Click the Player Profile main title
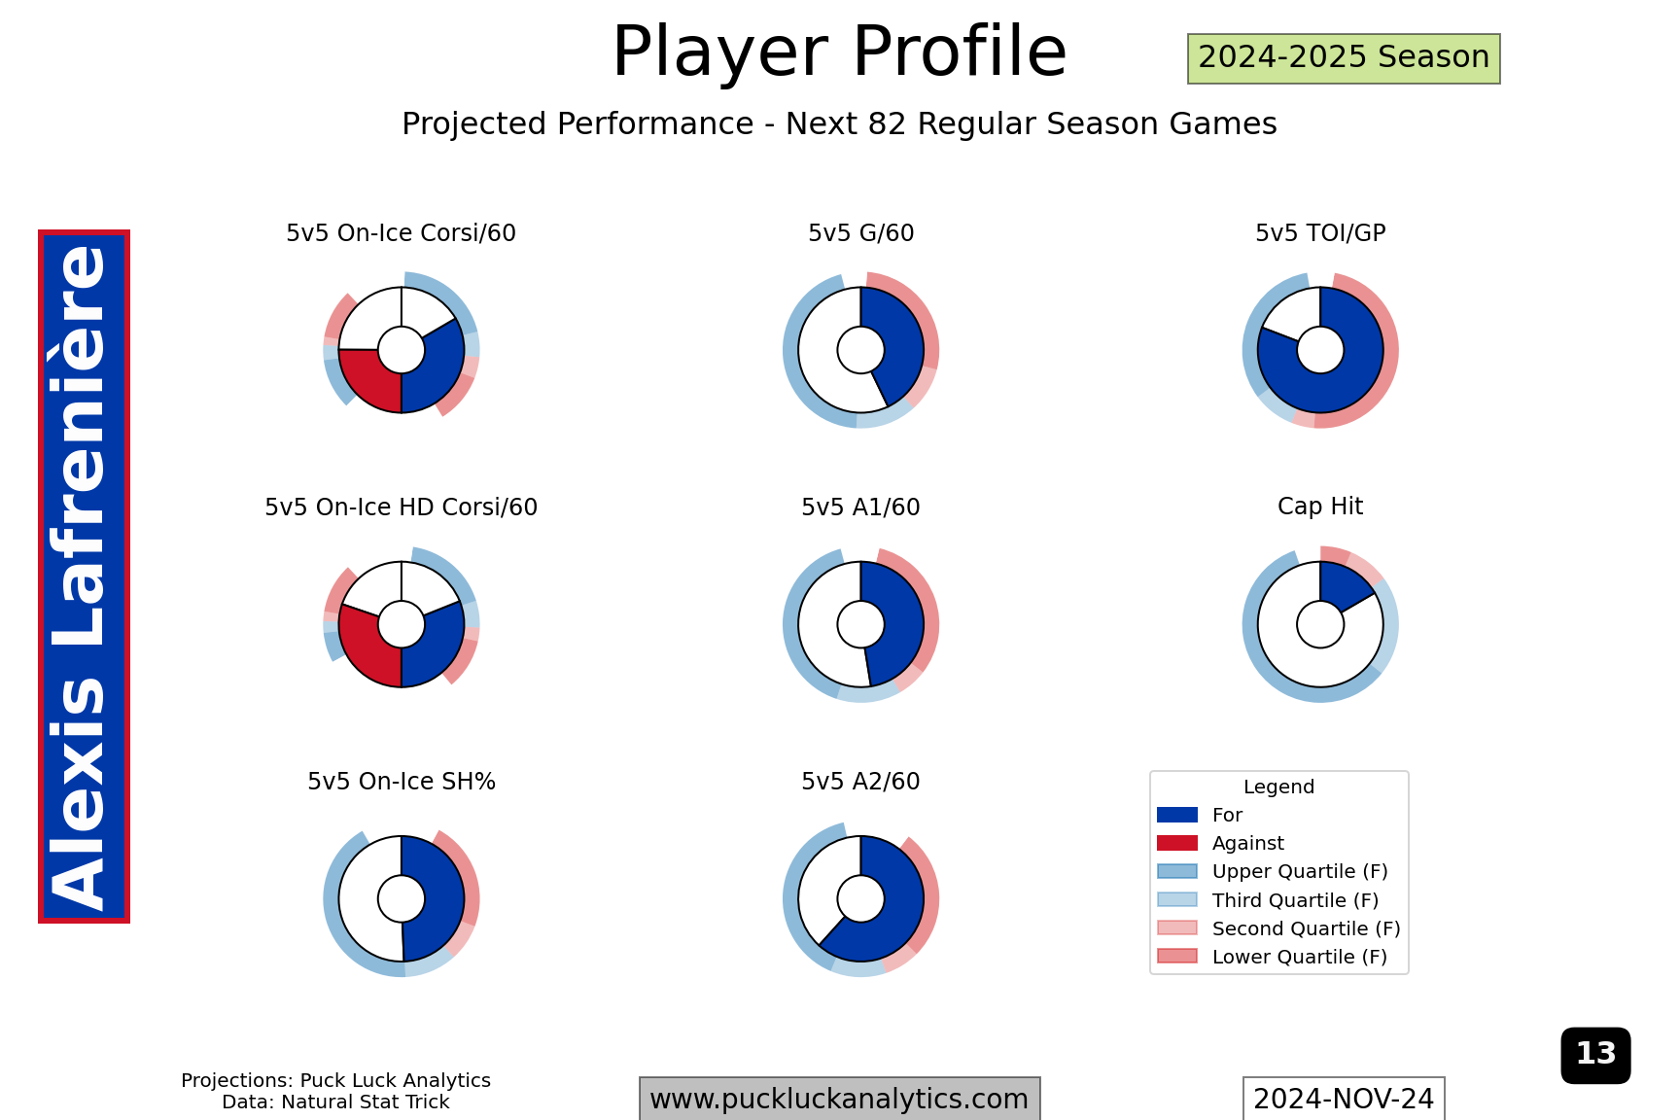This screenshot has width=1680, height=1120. point(839,52)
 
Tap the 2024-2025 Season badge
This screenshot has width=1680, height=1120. point(1344,58)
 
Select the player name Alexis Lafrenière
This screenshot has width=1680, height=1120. point(84,577)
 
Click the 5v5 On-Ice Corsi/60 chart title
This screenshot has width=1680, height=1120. point(401,233)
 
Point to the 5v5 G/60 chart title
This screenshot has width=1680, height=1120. point(860,233)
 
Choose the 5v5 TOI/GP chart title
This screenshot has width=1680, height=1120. point(1320,233)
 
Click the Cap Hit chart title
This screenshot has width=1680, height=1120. point(1320,507)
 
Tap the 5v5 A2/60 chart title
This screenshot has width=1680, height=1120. point(860,782)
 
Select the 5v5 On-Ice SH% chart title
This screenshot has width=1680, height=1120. point(402,782)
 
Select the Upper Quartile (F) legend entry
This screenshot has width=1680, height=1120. point(1273,871)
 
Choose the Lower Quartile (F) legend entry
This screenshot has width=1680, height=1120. point(1273,957)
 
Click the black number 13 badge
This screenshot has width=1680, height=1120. point(1595,1055)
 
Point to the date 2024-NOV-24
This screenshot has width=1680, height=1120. point(1344,1099)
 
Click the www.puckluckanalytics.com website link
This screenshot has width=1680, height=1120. point(839,1099)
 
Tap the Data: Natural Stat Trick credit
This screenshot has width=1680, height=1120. point(335,1102)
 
